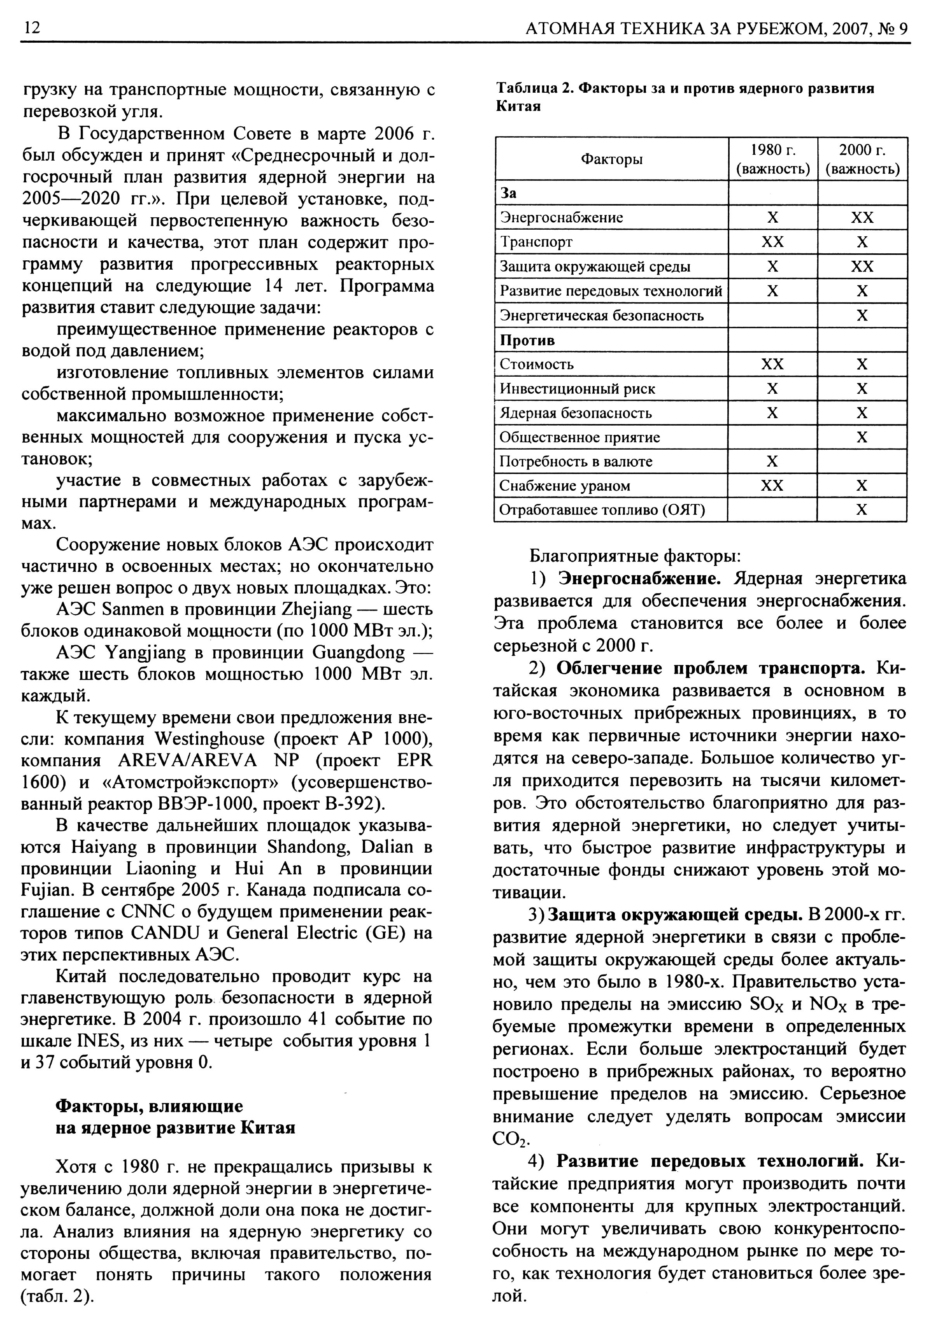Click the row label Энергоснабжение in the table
(x=561, y=218)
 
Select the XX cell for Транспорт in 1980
(x=773, y=242)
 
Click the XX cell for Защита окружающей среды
(x=862, y=267)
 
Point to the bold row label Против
(x=528, y=340)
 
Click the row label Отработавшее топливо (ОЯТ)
(x=602, y=510)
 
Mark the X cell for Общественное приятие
(x=862, y=437)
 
